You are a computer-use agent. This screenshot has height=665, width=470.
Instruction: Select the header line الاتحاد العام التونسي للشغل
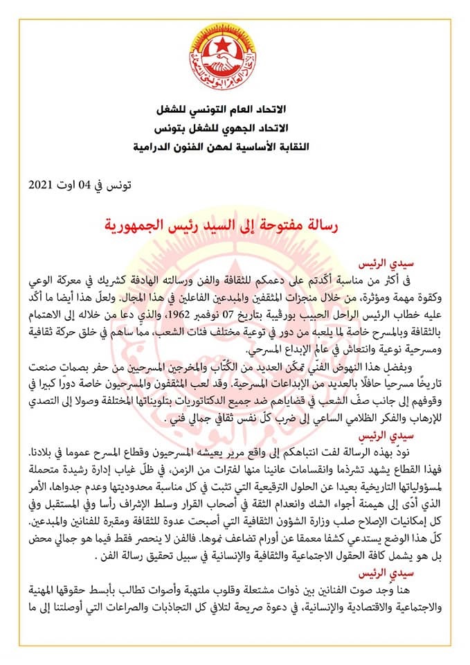235,112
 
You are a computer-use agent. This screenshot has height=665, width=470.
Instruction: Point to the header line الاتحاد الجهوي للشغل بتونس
235,130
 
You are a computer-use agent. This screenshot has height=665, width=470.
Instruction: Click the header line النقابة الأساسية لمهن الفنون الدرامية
235,147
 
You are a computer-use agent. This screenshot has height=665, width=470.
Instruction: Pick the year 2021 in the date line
43,185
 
